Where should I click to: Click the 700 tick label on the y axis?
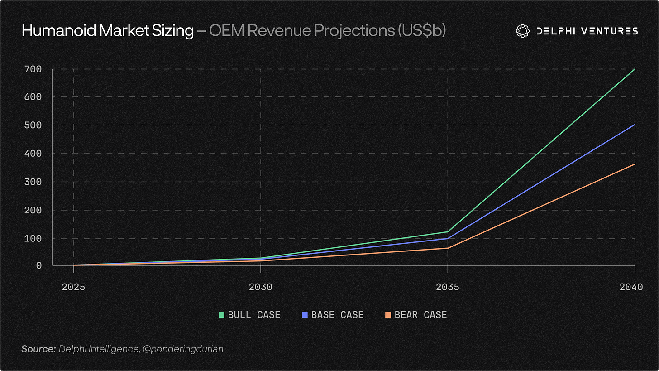(33, 69)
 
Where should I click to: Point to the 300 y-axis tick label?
(33, 182)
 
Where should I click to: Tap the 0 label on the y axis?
(39, 265)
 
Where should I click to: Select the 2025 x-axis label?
(73, 287)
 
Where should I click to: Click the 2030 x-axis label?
(260, 287)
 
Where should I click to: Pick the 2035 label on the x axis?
(448, 287)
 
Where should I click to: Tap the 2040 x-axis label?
(631, 287)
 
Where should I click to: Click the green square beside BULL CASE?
(221, 315)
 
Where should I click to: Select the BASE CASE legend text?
(337, 315)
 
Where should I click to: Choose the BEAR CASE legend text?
(421, 315)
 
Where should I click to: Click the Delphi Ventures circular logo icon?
(522, 31)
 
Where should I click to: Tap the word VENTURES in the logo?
(610, 31)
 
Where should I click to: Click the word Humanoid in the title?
(59, 30)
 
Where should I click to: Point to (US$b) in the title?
(421, 31)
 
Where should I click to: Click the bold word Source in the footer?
(38, 349)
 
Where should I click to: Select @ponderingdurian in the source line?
(183, 349)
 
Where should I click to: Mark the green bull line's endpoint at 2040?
(635, 69)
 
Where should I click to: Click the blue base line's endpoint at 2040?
(635, 125)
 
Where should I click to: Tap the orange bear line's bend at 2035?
(448, 248)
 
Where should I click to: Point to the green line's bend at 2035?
(448, 232)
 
